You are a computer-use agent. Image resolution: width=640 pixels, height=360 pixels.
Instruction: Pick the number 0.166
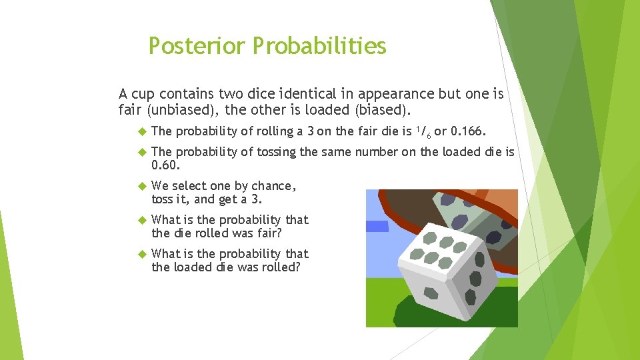point(473,131)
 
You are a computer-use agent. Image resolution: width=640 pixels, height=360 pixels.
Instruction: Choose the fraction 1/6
point(423,131)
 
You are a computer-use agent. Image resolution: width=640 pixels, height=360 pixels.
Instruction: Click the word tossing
point(275,152)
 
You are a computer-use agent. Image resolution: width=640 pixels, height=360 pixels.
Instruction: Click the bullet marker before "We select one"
point(140,186)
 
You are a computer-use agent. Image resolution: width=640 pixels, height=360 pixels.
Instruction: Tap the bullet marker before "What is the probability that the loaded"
point(140,254)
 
